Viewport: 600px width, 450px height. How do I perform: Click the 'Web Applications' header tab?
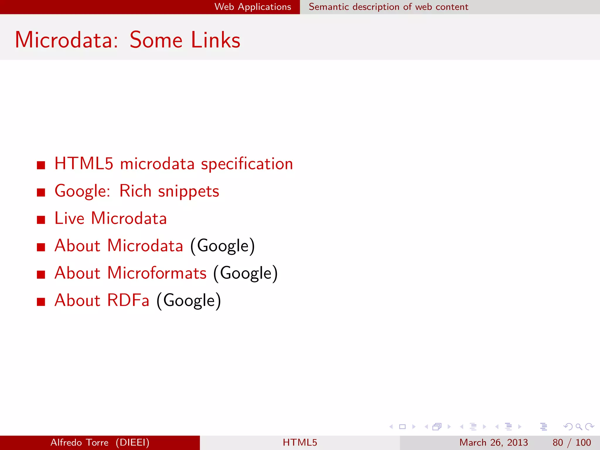pos(253,7)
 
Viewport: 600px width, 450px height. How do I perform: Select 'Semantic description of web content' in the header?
pos(388,7)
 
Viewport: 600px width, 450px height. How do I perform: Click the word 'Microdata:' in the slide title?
pos(67,40)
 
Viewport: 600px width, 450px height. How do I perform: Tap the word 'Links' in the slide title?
pos(215,40)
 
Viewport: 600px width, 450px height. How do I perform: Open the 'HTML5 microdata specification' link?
pos(173,164)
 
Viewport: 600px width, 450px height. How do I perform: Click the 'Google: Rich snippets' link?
pos(137,191)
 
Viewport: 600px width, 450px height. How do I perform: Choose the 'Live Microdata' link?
pos(110,218)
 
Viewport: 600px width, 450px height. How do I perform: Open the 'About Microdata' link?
pos(119,246)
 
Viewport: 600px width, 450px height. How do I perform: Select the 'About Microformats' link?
pos(130,273)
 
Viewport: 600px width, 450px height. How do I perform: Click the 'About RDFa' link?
pos(102,300)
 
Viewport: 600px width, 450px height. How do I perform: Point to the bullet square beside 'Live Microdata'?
pos(41,220)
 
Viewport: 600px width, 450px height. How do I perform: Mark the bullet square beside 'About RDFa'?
pos(41,302)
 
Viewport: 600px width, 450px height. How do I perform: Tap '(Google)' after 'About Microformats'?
pos(246,273)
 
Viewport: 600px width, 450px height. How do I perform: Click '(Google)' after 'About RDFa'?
pos(189,301)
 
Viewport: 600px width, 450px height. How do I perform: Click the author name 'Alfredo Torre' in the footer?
pos(79,442)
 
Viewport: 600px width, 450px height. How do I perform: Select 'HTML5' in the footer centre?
pos(300,442)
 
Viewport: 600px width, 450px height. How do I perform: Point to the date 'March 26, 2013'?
pos(493,442)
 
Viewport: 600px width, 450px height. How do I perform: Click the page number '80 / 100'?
pos(571,442)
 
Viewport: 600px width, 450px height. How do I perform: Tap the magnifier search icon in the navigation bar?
pos(579,427)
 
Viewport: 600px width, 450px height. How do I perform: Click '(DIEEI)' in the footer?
pos(132,442)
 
